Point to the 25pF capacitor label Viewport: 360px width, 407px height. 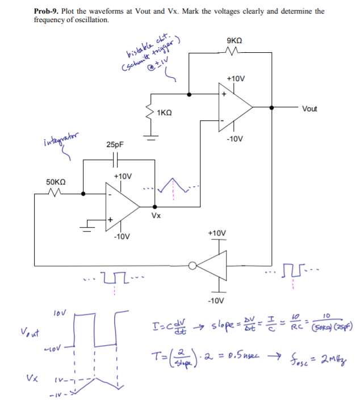[115, 145]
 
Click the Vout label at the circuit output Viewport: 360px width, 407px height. [310, 108]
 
